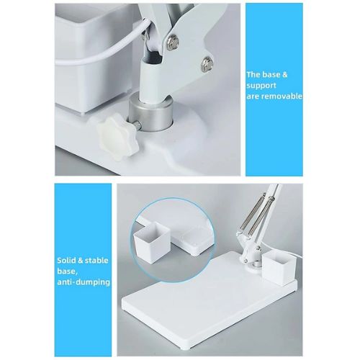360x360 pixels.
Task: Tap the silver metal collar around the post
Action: pyautogui.click(x=150, y=113)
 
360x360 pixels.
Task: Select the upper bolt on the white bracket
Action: pyautogui.click(x=173, y=41)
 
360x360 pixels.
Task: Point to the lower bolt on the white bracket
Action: pyautogui.click(x=207, y=64)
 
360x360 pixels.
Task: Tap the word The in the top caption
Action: pyautogui.click(x=253, y=75)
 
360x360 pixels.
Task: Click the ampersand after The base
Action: pyautogui.click(x=284, y=75)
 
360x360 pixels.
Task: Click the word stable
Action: pyautogui.click(x=96, y=261)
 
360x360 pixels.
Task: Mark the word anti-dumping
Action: pyautogui.click(x=84, y=282)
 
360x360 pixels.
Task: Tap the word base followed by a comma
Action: pyautogui.click(x=67, y=271)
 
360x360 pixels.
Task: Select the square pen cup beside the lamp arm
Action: pyautogui.click(x=279, y=269)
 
